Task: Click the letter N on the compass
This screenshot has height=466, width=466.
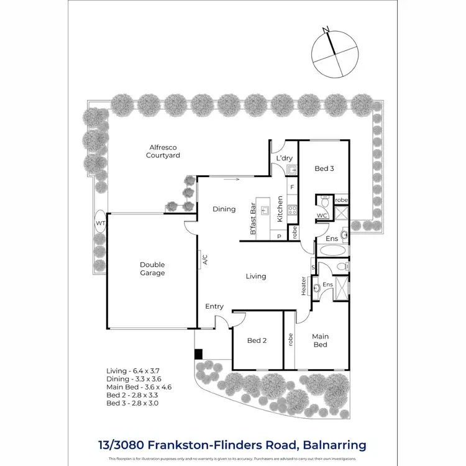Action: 326,29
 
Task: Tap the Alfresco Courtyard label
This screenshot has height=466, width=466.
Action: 163,151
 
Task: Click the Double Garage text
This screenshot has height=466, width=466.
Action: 152,268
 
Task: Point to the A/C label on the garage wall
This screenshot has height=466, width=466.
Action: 203,260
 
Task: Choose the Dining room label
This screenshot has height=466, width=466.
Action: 224,209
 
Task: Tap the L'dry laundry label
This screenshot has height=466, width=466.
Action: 284,158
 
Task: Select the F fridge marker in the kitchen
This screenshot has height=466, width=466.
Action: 292,186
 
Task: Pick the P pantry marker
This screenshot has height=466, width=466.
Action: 279,236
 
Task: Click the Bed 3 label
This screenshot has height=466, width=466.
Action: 324,168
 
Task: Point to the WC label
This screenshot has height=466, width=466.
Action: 322,216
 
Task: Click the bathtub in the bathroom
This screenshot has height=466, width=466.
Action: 334,250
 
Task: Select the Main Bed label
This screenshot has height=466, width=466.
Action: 320,340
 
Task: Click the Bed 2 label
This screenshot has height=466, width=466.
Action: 257,340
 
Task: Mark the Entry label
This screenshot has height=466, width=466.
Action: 214,306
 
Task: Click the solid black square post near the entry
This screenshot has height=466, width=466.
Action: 198,354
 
